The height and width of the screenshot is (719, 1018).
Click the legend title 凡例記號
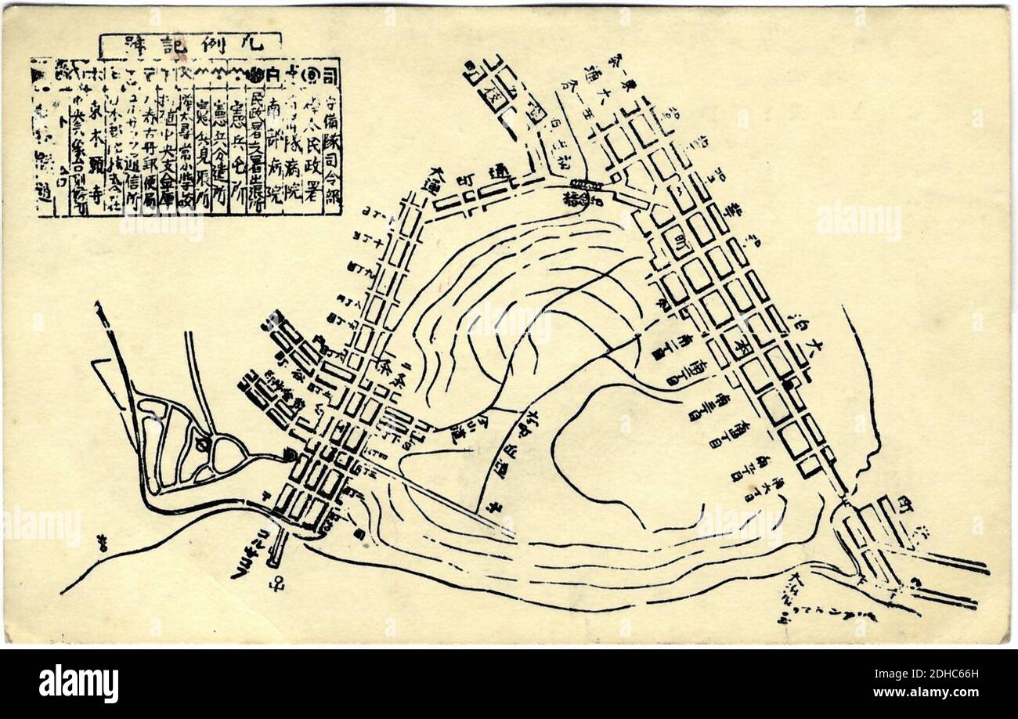click(x=190, y=46)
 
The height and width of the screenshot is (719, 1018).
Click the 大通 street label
click(x=415, y=193)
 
